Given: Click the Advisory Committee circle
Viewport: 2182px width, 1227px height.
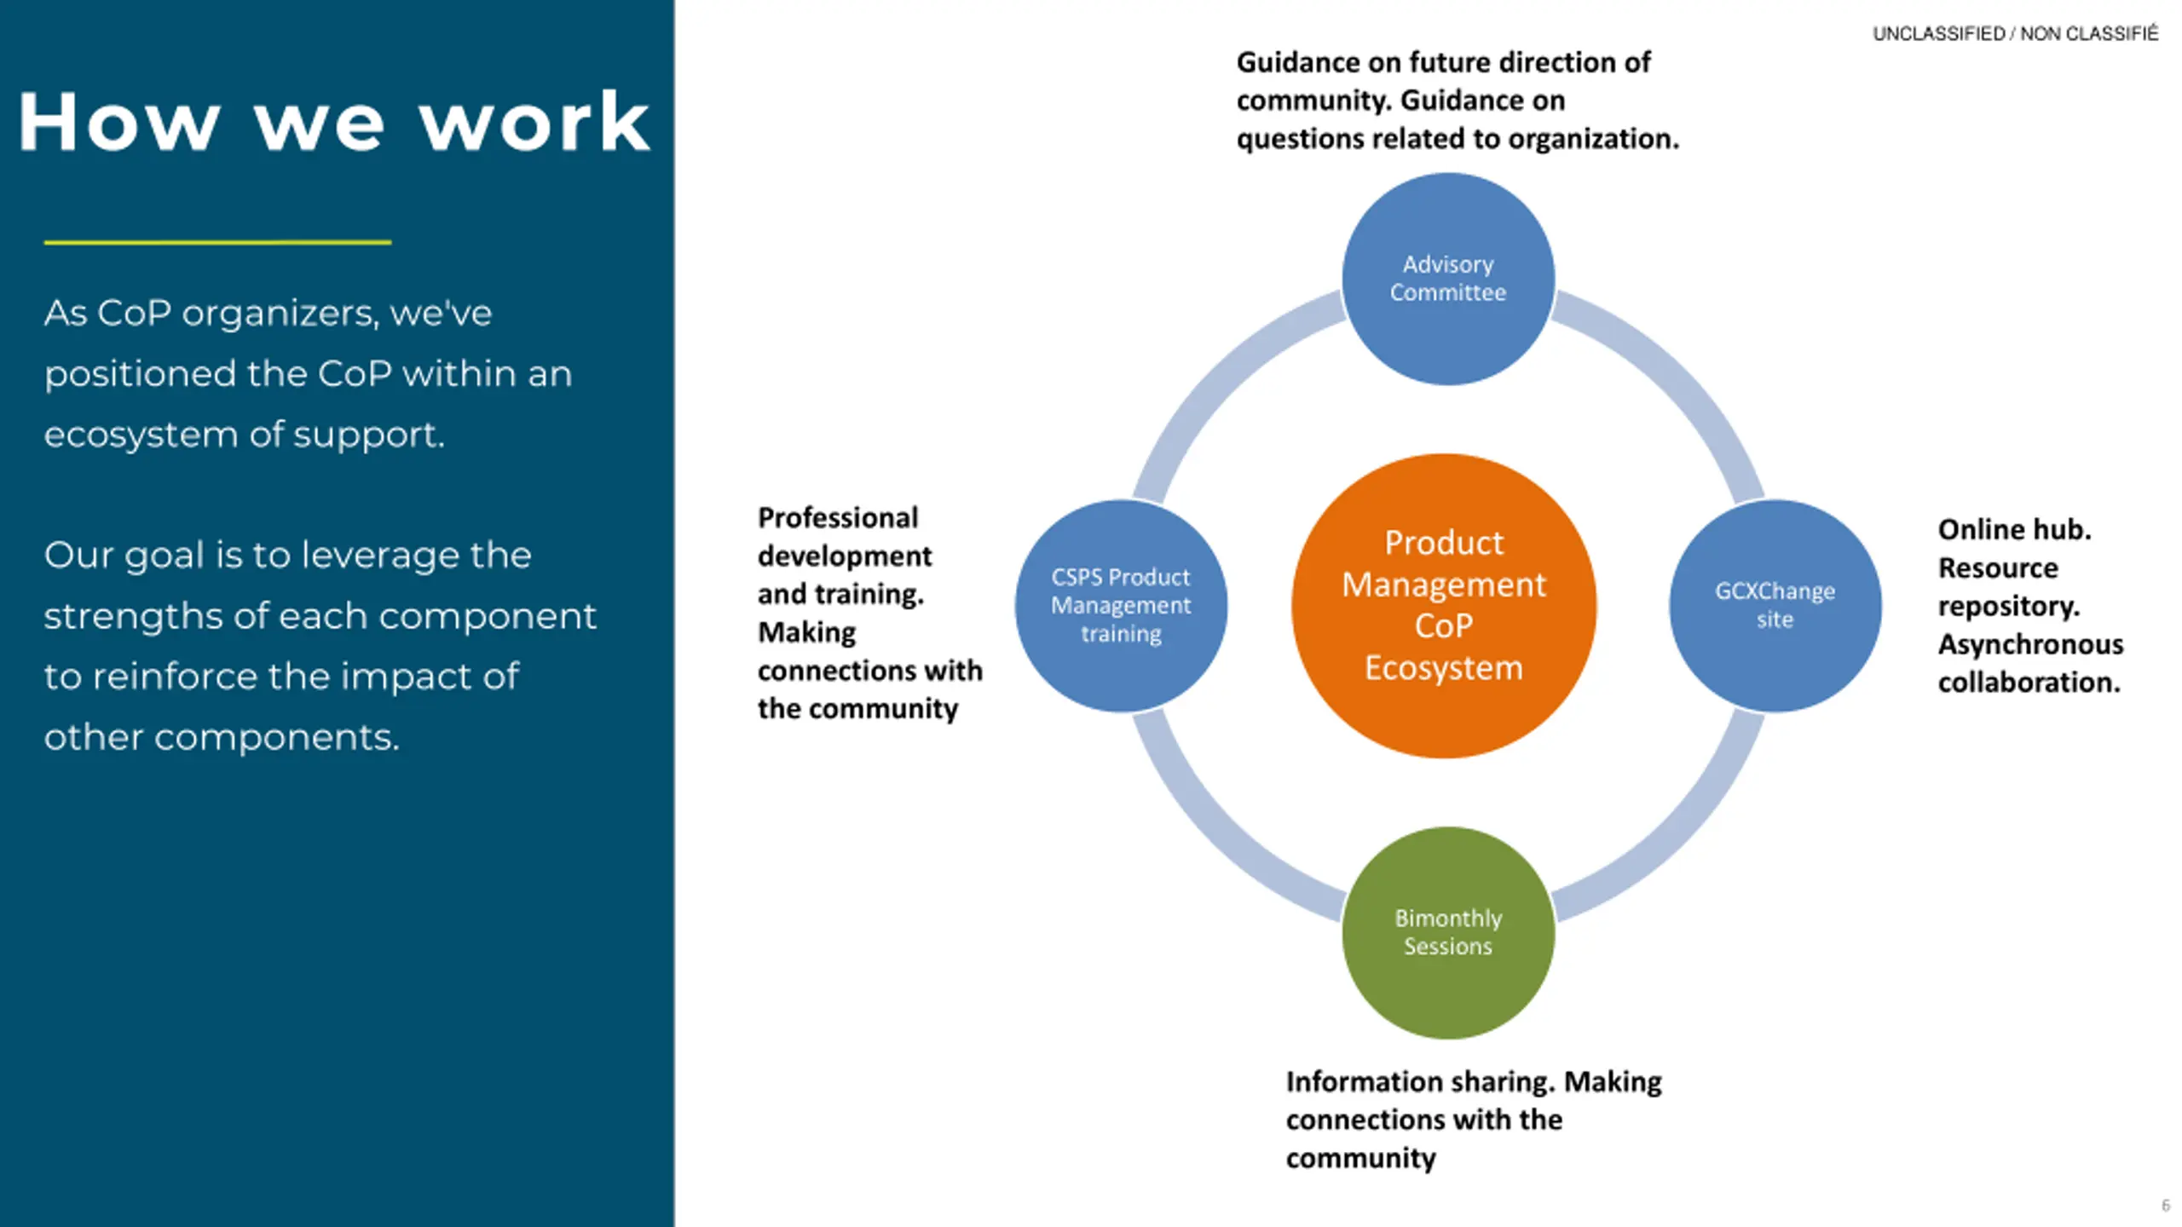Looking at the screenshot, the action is coord(1448,279).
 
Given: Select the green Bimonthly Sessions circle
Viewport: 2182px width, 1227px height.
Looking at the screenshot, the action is coord(1448,932).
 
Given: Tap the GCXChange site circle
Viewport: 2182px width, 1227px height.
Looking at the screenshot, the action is coord(1775,606).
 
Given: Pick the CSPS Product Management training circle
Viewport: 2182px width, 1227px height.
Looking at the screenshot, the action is coord(1121,606).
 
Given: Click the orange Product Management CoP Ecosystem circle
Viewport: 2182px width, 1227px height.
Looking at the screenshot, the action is coord(1444,606).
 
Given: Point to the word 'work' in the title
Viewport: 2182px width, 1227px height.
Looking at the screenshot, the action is coord(534,122).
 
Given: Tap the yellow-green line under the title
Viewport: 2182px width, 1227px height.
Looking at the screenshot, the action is coord(217,243).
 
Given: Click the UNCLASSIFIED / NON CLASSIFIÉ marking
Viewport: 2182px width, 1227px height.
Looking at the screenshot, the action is coord(2015,33).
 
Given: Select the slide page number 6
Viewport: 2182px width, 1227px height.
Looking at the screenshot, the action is coord(2166,1205).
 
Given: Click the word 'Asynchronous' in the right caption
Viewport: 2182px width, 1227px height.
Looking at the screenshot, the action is coord(2030,644).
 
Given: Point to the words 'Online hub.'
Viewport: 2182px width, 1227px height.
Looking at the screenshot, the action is coord(2014,529).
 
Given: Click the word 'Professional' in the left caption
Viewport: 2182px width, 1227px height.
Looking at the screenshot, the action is coord(838,517).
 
